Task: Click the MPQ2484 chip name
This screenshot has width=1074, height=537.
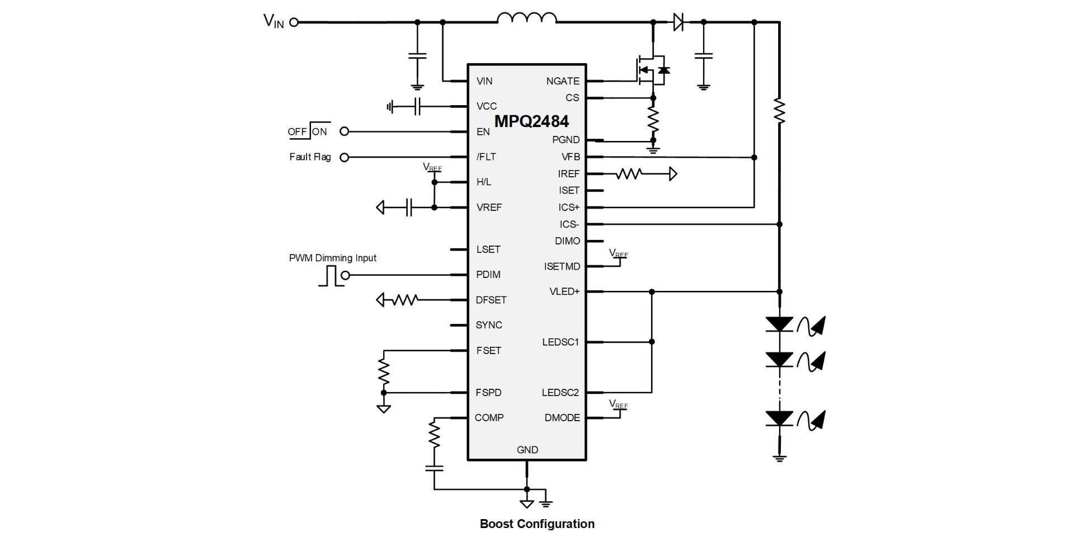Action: (531, 121)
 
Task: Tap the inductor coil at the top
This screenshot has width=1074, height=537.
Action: (526, 18)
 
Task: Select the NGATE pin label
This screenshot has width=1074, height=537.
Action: (562, 81)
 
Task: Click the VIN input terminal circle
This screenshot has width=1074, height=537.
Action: (294, 22)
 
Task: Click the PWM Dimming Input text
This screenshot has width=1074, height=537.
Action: (332, 258)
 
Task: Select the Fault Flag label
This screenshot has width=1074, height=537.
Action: (310, 157)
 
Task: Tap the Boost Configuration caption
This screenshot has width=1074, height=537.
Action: (537, 524)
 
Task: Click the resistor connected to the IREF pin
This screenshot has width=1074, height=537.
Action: (628, 174)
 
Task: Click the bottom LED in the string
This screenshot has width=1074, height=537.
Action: (779, 418)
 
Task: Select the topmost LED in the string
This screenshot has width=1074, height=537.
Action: (779, 324)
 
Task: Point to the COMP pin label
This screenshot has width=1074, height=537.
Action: (489, 418)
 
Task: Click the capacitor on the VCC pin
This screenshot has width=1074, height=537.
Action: (417, 106)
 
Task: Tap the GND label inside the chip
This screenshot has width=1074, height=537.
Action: (527, 450)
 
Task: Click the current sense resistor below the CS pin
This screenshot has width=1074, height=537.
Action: (653, 119)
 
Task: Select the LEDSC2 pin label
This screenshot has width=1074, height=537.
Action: (560, 393)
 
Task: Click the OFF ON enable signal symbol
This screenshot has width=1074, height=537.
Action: (309, 131)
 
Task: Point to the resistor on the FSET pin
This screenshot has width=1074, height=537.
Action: (384, 371)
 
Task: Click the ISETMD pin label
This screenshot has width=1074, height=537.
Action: (562, 267)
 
